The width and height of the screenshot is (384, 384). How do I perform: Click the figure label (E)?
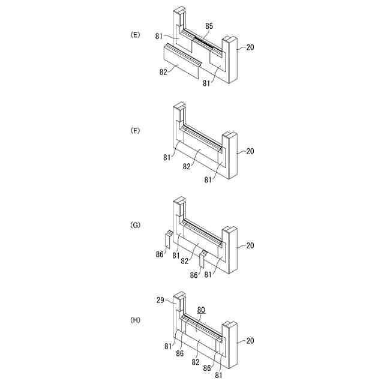135,35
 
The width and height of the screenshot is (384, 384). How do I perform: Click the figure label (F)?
135,130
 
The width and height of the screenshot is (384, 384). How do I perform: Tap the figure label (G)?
135,225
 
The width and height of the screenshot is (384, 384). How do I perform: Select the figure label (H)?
135,320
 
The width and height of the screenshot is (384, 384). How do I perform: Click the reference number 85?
209,26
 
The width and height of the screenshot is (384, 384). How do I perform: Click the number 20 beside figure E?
250,47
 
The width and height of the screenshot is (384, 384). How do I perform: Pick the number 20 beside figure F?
250,151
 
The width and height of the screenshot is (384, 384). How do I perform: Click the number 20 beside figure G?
250,245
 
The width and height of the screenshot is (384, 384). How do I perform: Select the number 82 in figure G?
184,261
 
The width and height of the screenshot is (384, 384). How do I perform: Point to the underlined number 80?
201,310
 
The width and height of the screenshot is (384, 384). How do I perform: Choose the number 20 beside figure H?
250,341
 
